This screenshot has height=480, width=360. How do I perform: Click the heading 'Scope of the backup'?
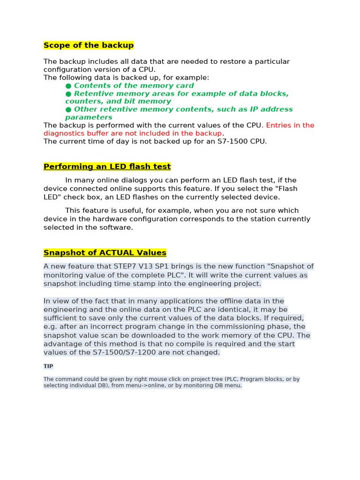point(89,45)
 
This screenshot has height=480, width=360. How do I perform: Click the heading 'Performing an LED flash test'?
point(107,167)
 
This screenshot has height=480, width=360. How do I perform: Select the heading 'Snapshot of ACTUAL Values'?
point(105,253)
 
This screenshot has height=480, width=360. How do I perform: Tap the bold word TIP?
point(48,366)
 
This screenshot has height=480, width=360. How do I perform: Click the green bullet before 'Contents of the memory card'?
point(68,86)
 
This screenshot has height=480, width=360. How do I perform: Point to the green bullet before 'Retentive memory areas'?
point(68,94)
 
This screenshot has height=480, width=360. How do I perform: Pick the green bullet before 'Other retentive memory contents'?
point(68,110)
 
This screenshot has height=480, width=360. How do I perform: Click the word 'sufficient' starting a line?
point(61,318)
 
